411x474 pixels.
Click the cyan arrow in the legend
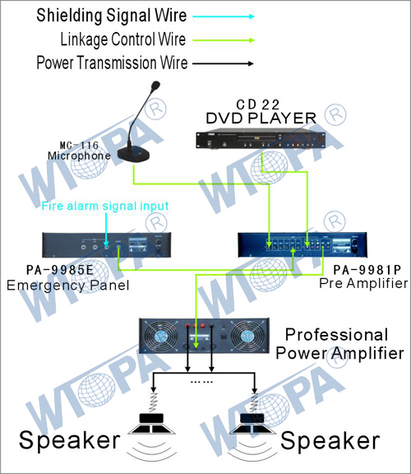(224, 16)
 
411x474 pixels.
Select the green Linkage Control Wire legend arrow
(224, 39)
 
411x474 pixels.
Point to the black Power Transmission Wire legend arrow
(223, 63)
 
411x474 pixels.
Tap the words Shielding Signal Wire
(112, 16)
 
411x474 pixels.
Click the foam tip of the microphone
(155, 86)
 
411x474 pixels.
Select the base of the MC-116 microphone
(133, 155)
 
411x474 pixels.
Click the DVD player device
(261, 140)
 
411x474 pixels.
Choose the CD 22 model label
(258, 105)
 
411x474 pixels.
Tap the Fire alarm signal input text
(104, 206)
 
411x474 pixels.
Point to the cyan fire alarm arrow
(106, 230)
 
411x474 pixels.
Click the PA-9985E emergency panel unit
(107, 245)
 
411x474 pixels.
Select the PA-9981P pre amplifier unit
(302, 245)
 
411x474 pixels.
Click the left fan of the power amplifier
(159, 336)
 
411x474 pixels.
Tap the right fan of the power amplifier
(246, 336)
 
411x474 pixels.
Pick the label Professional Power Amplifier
(339, 344)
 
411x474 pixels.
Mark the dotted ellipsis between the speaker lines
(201, 382)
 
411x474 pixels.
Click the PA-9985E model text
(60, 270)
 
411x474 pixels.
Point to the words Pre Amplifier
(363, 283)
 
